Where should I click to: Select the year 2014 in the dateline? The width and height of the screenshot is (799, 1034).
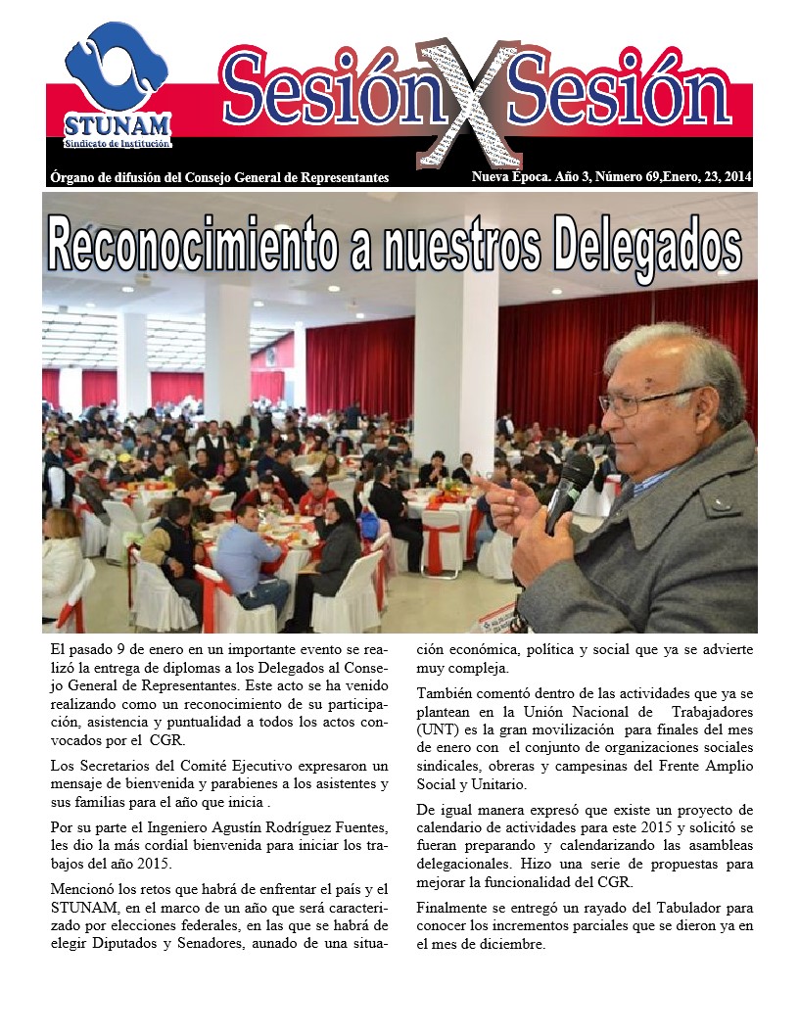[734, 176]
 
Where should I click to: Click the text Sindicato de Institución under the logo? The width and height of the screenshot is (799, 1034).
[117, 144]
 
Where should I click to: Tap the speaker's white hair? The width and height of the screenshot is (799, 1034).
[685, 352]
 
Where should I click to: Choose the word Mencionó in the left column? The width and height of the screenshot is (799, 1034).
[81, 890]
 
